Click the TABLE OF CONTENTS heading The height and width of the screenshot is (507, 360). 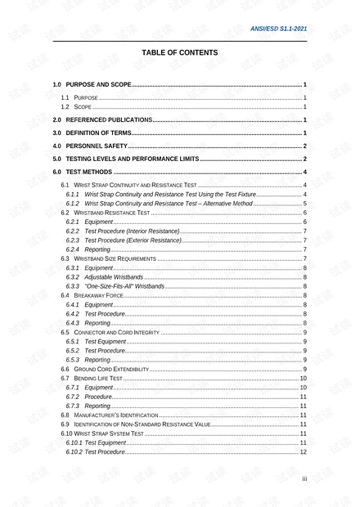(x=180, y=52)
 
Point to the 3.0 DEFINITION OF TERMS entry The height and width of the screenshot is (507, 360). (x=92, y=132)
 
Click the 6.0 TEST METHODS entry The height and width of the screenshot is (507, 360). (x=83, y=172)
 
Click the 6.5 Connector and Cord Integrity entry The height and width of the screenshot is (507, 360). (x=110, y=332)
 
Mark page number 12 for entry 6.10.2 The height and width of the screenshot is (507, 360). (x=304, y=451)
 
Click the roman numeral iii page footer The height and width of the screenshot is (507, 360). (x=304, y=479)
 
